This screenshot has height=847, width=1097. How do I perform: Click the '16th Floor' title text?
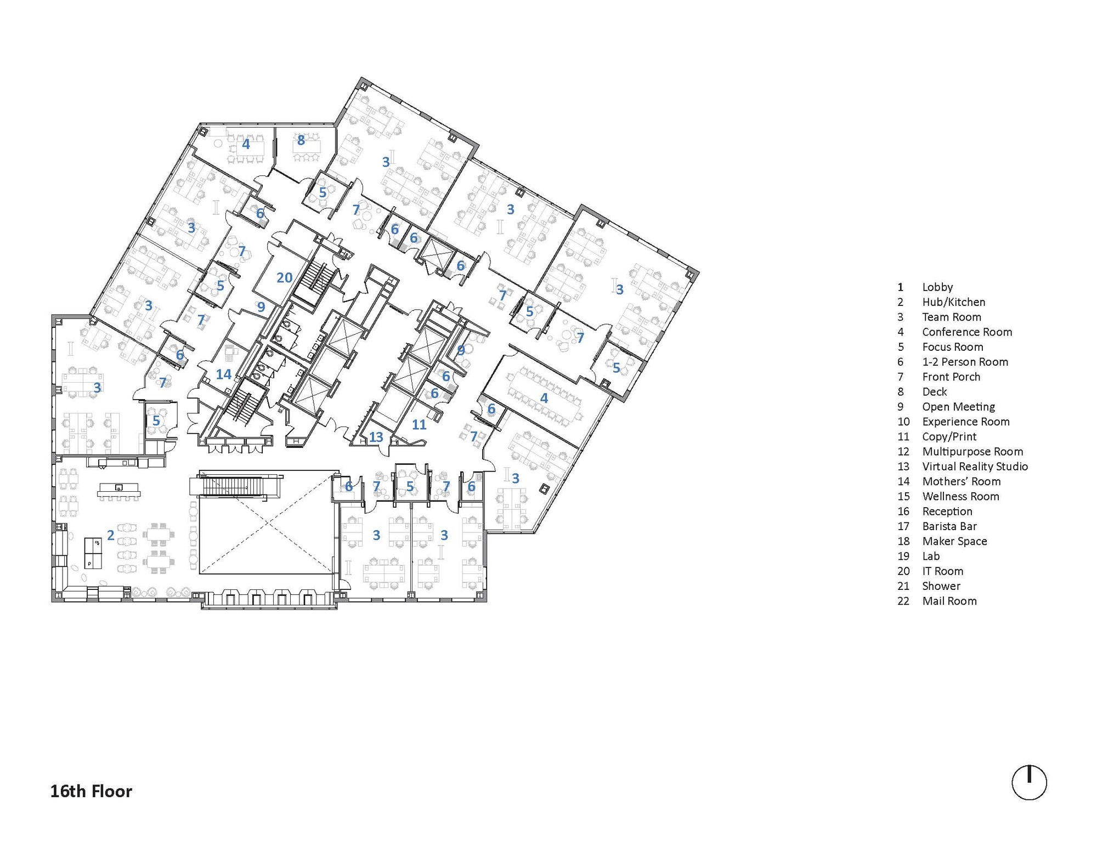[x=91, y=792]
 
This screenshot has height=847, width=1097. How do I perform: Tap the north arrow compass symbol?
[x=1029, y=782]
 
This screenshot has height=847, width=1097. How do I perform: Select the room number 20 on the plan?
[x=284, y=278]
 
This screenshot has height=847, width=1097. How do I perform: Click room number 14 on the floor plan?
[x=223, y=374]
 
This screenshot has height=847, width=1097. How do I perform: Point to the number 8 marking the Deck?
[x=301, y=140]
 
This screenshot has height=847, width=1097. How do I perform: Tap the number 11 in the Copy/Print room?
[x=419, y=424]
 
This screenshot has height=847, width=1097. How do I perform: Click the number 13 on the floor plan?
[x=376, y=437]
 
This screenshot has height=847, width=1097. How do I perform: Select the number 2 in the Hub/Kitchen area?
[x=111, y=535]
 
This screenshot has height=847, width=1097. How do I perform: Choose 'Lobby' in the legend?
[x=937, y=287]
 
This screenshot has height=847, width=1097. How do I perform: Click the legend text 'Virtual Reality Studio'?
[x=975, y=467]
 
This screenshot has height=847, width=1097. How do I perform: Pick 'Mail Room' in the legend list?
[x=949, y=601]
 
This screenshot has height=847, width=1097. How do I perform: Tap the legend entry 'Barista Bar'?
[x=949, y=526]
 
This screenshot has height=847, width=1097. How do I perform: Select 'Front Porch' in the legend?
[x=951, y=377]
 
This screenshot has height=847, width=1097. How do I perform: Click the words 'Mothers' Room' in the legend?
[x=962, y=481]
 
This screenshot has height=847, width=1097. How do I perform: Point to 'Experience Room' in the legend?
[x=966, y=422]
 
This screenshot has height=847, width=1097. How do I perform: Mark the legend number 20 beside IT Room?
[x=903, y=571]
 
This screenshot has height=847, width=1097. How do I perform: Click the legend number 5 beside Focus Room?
[x=901, y=347]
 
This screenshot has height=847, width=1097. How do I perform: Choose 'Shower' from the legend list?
[x=941, y=586]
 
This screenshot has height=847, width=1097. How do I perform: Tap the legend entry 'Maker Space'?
[x=954, y=542]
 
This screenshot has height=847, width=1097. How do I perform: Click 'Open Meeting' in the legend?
[x=958, y=407]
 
